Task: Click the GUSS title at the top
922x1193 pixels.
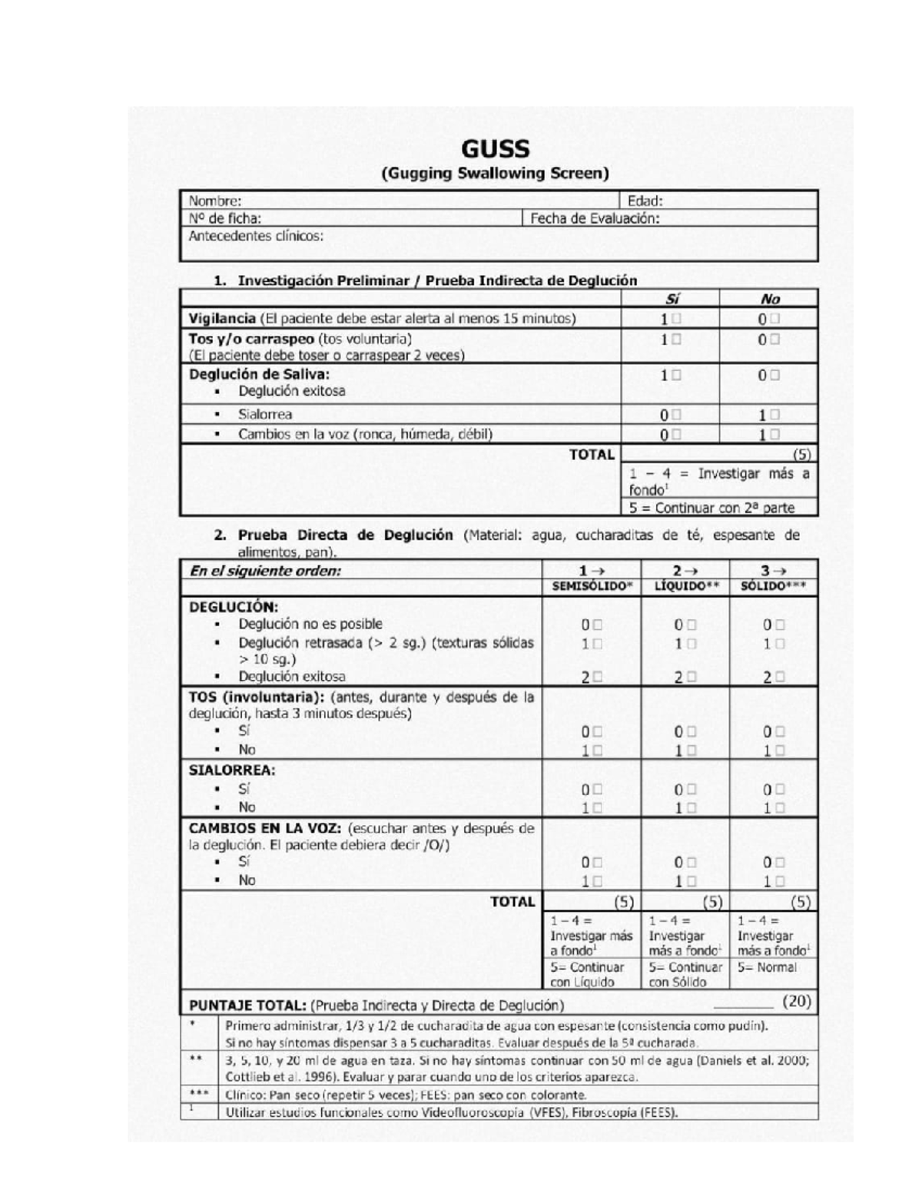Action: click(x=496, y=149)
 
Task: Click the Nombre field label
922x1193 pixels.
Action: click(x=215, y=201)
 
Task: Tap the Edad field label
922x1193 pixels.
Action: click(x=645, y=201)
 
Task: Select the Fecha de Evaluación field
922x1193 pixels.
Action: click(x=595, y=218)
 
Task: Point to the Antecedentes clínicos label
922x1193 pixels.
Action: click(x=256, y=236)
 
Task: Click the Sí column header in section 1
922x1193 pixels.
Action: click(x=671, y=299)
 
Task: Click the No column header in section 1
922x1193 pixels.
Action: click(x=769, y=299)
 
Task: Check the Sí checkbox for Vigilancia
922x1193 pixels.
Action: click(x=676, y=318)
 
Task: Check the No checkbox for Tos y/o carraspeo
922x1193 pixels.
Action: click(x=774, y=339)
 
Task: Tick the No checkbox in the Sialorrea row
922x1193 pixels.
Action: click(x=774, y=415)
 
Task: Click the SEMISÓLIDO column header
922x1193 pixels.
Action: click(x=592, y=586)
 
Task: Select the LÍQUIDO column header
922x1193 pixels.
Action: click(x=685, y=586)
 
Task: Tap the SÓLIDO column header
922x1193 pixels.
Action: click(x=773, y=586)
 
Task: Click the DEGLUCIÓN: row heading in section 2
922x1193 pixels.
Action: click(x=234, y=606)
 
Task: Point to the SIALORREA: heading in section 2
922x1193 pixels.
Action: click(x=232, y=770)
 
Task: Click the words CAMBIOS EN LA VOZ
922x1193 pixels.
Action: click(x=265, y=828)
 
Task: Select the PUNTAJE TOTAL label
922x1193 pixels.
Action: click(x=248, y=1005)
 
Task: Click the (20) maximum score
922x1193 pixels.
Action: click(x=797, y=1001)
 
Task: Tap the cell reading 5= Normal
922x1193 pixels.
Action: click(x=767, y=967)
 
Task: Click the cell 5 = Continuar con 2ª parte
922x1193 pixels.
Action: click(x=711, y=508)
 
